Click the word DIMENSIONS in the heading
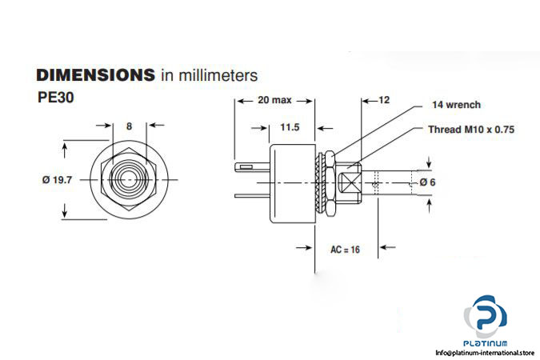point(94,76)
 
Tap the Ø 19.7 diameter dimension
point(57,180)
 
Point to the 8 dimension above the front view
point(128,126)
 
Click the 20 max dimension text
point(274,102)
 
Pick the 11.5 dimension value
point(290,127)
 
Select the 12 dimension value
point(383,101)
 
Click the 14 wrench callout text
point(456,105)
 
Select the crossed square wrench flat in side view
point(349,181)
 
